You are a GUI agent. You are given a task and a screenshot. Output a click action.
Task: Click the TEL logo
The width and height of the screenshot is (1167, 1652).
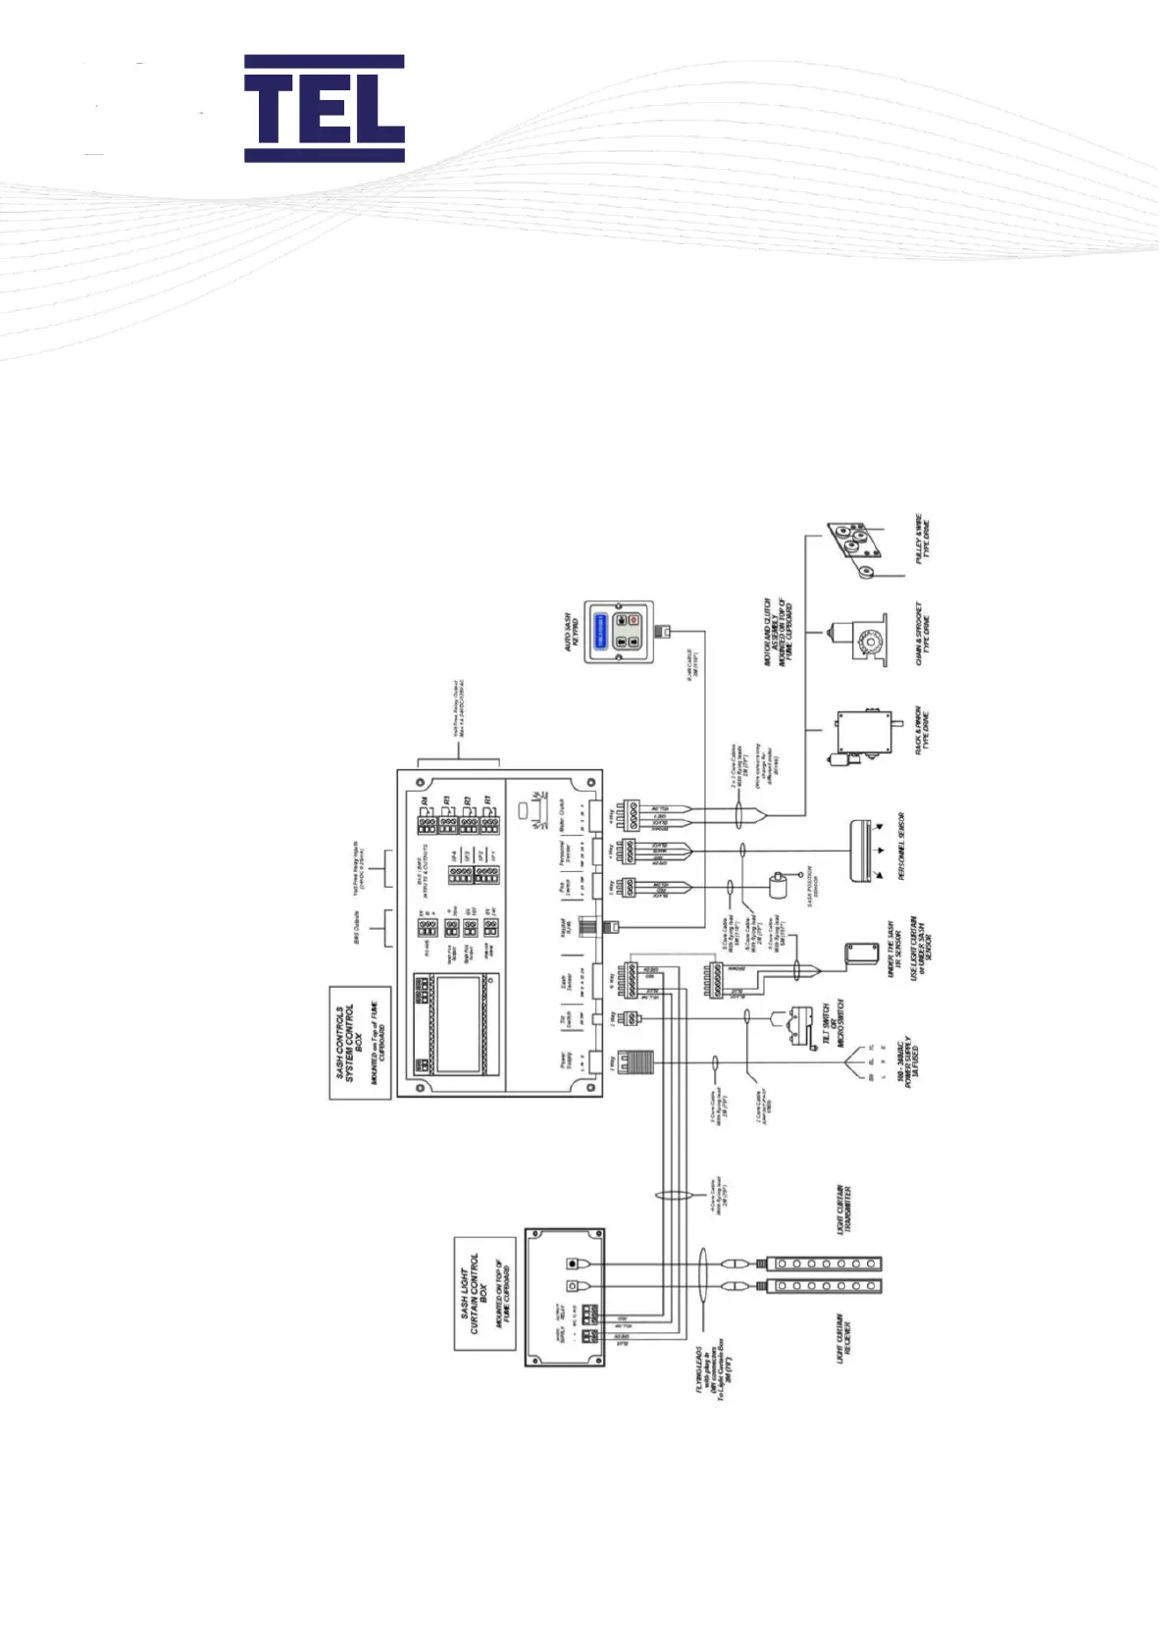[324, 108]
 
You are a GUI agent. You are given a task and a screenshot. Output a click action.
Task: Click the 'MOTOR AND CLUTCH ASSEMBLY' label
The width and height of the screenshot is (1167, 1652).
[780, 632]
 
